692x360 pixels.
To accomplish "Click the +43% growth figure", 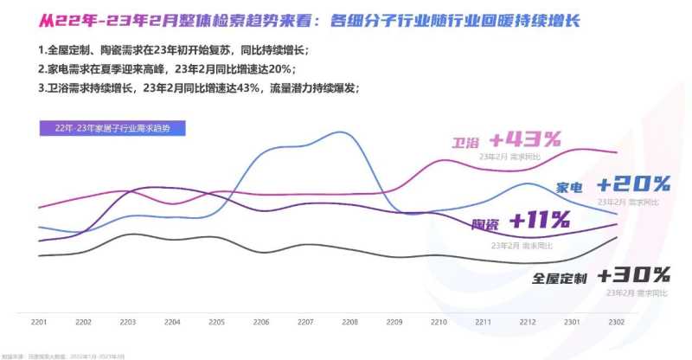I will click(525, 138).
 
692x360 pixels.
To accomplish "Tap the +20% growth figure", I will click(633, 183).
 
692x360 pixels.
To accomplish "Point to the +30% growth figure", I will click(633, 276).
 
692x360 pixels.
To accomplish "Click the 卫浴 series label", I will click(465, 142).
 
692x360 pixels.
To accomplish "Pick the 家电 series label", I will click(569, 187).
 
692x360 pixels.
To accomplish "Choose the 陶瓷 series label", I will click(485, 225).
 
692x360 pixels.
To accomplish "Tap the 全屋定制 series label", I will click(560, 279).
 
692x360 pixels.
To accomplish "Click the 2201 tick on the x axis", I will click(39, 322).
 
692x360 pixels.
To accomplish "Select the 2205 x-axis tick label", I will click(217, 322).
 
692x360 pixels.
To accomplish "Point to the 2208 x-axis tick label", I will click(350, 322).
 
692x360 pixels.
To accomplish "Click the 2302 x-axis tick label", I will click(618, 322).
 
